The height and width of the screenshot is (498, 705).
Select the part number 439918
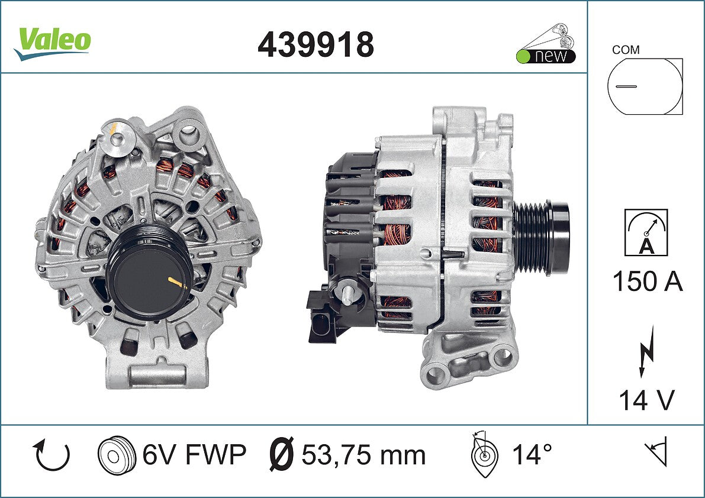tap(316, 44)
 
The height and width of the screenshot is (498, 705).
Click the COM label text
tap(626, 50)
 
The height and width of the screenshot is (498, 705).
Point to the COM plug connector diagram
tap(645, 86)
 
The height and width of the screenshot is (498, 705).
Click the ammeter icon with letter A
tap(646, 232)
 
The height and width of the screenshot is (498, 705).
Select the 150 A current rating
tap(648, 282)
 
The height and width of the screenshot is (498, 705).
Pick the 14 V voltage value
tap(646, 400)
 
